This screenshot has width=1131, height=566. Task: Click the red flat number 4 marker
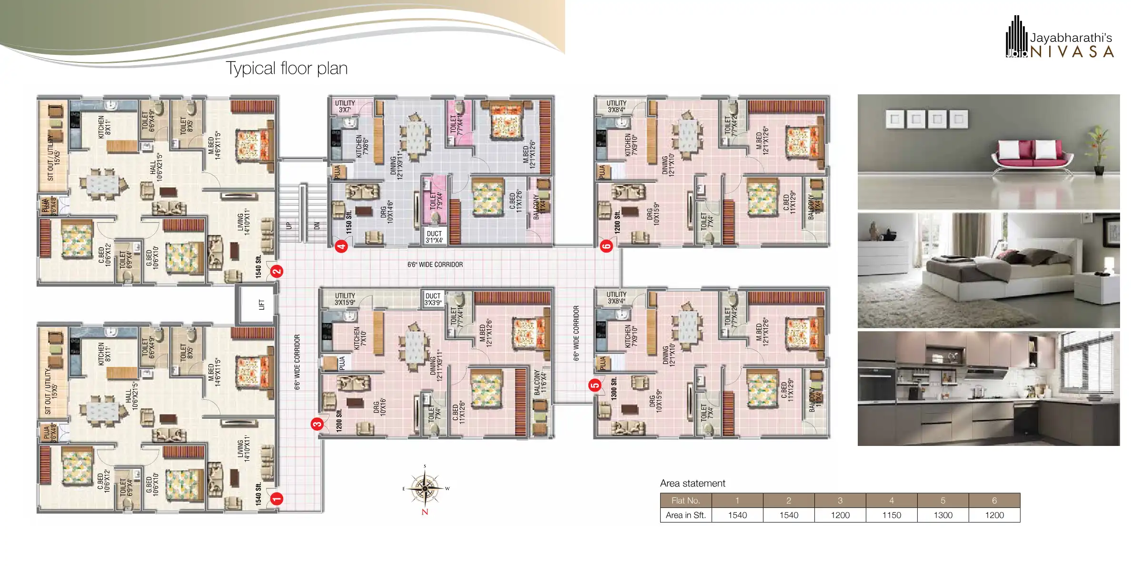tap(341, 246)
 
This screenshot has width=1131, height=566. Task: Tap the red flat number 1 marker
tap(277, 499)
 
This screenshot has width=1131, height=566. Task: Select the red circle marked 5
tap(595, 385)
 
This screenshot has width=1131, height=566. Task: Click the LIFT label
tap(261, 304)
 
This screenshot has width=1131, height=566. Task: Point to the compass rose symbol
tap(425, 488)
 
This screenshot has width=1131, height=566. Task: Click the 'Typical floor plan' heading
tap(287, 69)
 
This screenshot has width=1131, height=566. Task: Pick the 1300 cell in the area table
tap(942, 515)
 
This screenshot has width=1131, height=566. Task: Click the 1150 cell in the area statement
tap(891, 515)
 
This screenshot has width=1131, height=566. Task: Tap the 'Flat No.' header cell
tap(685, 500)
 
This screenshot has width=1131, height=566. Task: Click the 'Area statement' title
tap(693, 483)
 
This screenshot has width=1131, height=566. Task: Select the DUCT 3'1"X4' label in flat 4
tap(434, 237)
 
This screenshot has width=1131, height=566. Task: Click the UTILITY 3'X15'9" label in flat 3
tap(345, 299)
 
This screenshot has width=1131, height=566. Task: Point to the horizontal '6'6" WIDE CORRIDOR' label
tap(435, 264)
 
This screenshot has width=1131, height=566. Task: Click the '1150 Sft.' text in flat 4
tap(349, 222)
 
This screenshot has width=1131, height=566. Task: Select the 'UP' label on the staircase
tap(288, 225)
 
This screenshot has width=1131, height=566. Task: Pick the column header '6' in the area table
tap(994, 500)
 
